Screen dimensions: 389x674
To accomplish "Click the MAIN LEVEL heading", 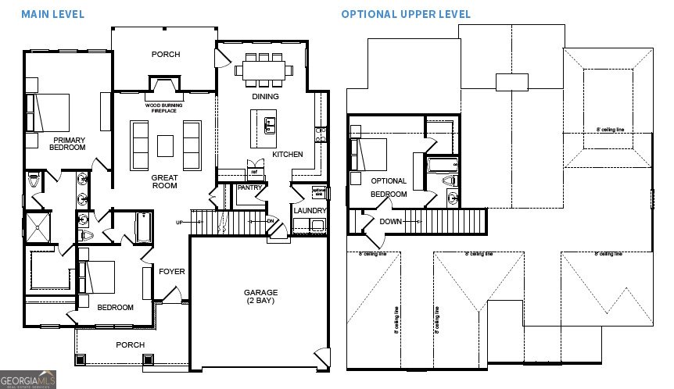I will click(x=52, y=14).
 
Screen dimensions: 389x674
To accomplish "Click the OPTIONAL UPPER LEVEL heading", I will click(x=405, y=14).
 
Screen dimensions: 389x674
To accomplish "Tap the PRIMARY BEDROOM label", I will click(x=67, y=144).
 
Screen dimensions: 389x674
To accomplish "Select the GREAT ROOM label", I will click(x=164, y=181).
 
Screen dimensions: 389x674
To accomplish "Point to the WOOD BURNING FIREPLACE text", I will click(x=164, y=108).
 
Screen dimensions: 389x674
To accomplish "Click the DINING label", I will click(x=266, y=98).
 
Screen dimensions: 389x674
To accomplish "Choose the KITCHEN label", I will click(x=287, y=155).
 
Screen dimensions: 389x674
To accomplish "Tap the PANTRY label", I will click(x=249, y=188).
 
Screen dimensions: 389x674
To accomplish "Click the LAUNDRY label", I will click(x=310, y=211).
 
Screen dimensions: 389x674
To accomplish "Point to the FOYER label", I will click(x=172, y=272).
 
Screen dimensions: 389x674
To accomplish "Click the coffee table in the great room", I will click(x=165, y=146).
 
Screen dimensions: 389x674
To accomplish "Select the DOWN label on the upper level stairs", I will click(x=390, y=221).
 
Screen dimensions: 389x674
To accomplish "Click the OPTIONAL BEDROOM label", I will click(x=389, y=187).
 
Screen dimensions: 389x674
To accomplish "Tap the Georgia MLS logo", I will click(x=29, y=380).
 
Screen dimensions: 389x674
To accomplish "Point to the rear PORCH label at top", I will click(x=165, y=55).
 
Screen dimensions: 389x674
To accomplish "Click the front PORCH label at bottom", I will click(x=130, y=344).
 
